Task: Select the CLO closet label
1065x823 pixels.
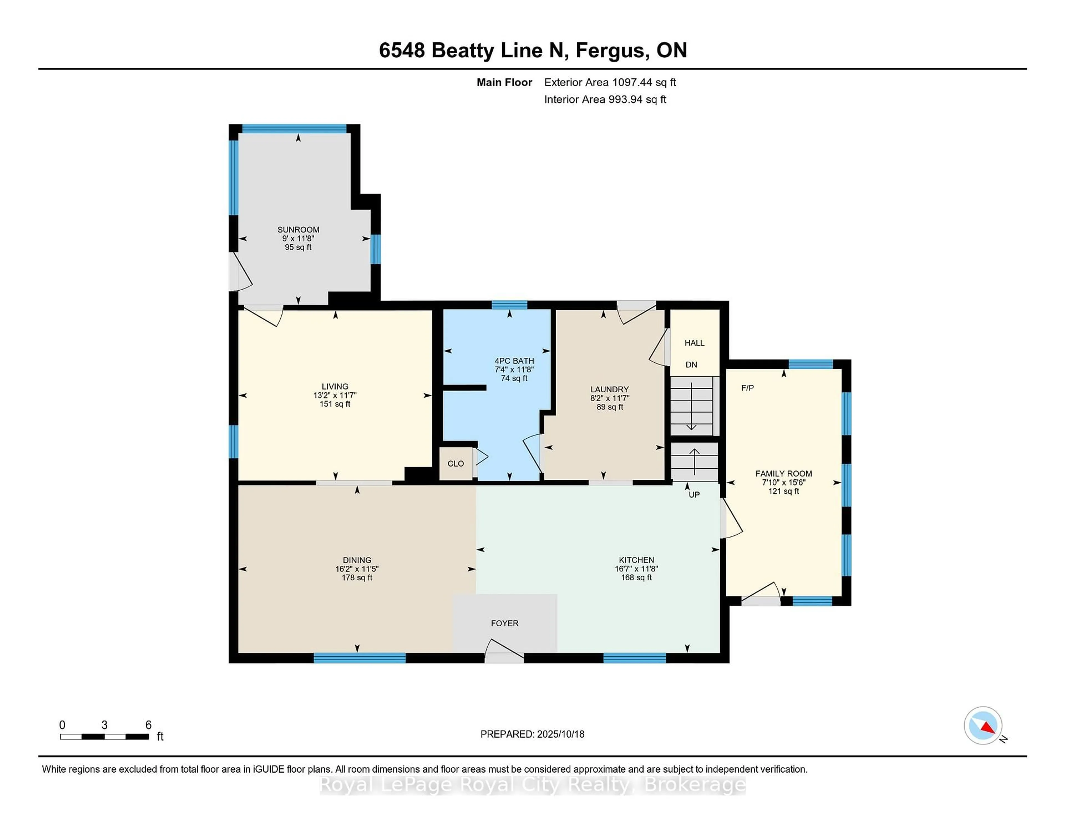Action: coord(455,464)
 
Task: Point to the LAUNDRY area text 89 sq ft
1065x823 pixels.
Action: coord(610,407)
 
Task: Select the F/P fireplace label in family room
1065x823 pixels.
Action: coord(747,388)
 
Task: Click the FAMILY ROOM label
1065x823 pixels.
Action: coord(783,473)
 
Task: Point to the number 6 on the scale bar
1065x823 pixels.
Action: coord(148,725)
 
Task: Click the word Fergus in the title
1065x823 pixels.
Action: coord(612,50)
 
